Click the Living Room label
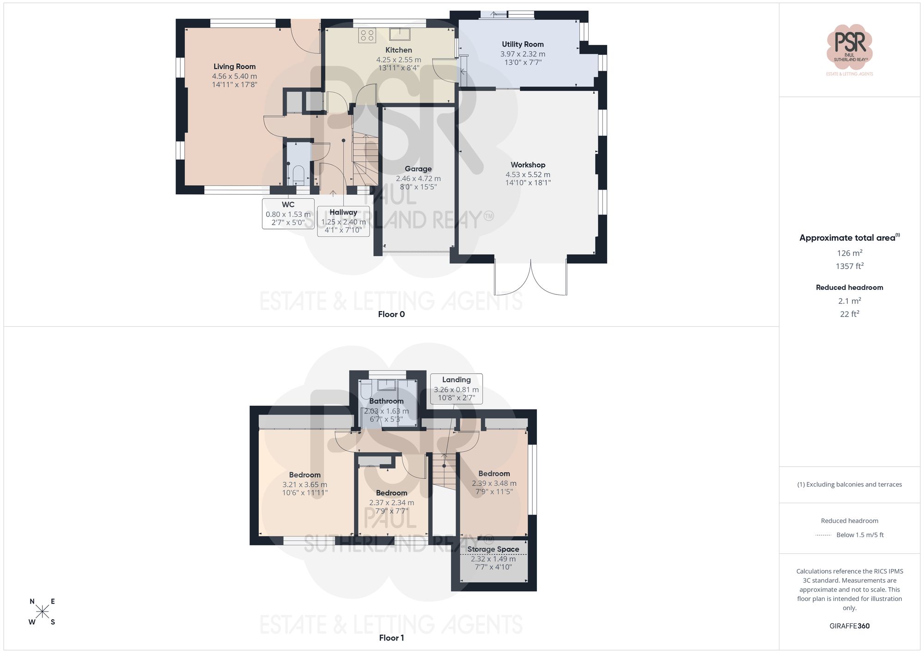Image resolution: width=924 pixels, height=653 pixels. [234, 66]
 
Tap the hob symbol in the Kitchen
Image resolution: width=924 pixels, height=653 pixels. [367, 36]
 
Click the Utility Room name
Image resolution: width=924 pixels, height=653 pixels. [523, 44]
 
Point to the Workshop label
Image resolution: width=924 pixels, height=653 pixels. [528, 165]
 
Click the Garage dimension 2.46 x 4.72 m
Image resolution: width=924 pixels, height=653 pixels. [418, 179]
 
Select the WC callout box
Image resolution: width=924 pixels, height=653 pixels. [288, 214]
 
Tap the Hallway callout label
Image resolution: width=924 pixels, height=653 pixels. [343, 212]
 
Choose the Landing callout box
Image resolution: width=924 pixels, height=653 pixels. [456, 389]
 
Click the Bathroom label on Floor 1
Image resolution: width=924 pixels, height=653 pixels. [386, 401]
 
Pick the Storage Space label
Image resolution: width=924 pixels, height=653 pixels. [493, 549]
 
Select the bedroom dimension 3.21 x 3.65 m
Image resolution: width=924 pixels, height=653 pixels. [304, 485]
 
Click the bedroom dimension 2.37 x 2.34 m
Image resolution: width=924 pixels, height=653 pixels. [391, 503]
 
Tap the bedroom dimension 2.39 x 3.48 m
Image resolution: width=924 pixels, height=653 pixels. [494, 483]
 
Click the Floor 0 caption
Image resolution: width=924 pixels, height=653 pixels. [391, 314]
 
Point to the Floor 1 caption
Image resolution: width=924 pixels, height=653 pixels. [391, 638]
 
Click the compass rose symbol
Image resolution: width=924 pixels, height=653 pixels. [42, 611]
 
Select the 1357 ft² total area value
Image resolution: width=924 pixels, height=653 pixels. [849, 266]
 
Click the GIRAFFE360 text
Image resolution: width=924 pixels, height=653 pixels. [849, 626]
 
